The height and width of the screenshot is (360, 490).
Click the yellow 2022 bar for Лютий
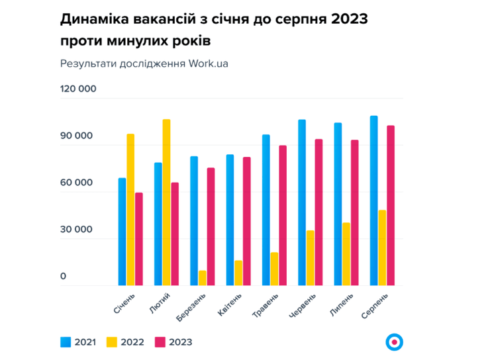coord(166,202)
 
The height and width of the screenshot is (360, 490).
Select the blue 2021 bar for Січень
coord(122,232)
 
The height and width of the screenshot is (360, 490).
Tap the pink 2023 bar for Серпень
coord(391,205)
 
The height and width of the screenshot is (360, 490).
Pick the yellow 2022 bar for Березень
coord(202,278)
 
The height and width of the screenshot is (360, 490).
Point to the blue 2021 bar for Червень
coord(302,202)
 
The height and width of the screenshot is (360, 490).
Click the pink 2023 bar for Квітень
coord(246,221)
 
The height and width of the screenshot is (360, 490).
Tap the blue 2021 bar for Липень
coord(338,204)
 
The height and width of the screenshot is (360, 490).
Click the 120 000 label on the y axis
coord(78,89)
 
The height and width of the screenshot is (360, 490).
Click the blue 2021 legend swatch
coord(66,342)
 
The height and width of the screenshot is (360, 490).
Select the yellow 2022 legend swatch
coord(111,342)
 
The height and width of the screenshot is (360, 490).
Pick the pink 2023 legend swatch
coord(160,342)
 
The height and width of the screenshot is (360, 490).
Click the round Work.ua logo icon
coord(395,341)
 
